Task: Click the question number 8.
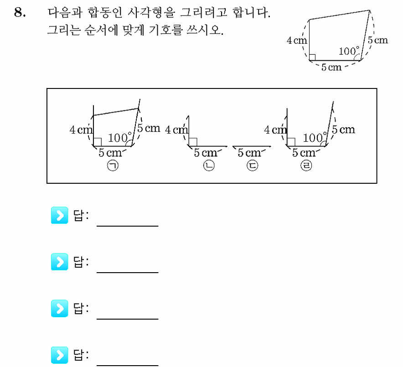[x=20, y=12]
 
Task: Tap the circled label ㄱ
[x=113, y=165]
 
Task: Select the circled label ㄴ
[x=209, y=165]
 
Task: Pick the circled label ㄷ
[x=252, y=165]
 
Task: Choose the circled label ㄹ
[x=306, y=165]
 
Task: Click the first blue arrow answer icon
[x=60, y=215]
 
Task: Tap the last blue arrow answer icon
[x=60, y=355]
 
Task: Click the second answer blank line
[x=128, y=273]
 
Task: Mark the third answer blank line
[x=128, y=319]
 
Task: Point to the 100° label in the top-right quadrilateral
[x=349, y=51]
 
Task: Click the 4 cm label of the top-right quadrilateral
[x=297, y=41]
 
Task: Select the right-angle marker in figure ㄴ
[x=193, y=142]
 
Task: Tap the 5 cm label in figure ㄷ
[x=249, y=153]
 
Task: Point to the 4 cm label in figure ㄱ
[x=81, y=130]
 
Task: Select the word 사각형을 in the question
[x=151, y=12]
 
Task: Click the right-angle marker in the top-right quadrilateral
[x=312, y=57]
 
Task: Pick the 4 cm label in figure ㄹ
[x=275, y=130]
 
